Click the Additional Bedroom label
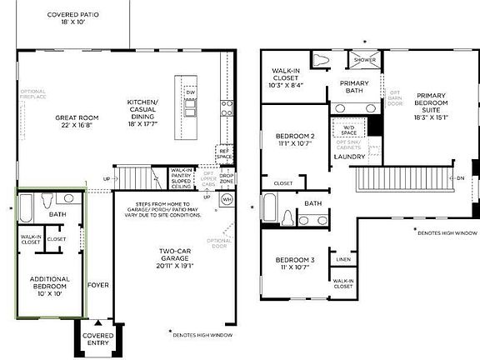(x=51, y=283)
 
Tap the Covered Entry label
(x=98, y=339)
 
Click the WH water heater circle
(x=227, y=199)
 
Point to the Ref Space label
(x=223, y=153)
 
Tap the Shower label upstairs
(x=365, y=60)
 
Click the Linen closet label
(x=343, y=260)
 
